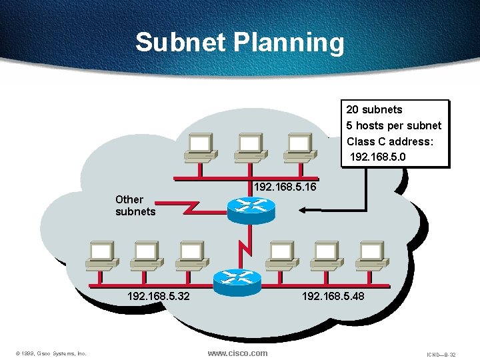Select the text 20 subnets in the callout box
(x=374, y=109)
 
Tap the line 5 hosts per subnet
(x=393, y=125)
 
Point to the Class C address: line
(x=390, y=141)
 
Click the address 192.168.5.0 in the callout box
(x=377, y=157)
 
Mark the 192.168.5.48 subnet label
(x=333, y=295)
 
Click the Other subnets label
(x=135, y=205)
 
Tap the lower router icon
(x=239, y=282)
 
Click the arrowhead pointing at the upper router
(x=302, y=211)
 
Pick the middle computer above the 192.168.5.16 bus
(x=250, y=147)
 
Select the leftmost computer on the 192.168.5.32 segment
(x=101, y=253)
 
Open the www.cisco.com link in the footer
(x=237, y=353)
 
